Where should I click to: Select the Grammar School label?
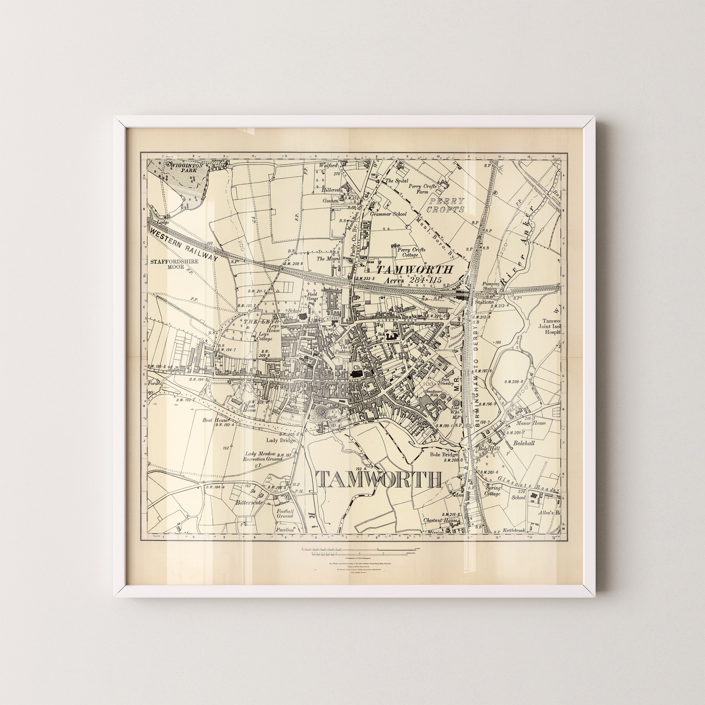[x=388, y=214]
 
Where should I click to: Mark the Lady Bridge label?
[x=280, y=440]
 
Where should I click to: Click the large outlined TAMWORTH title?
[x=378, y=479]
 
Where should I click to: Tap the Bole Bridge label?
[x=443, y=455]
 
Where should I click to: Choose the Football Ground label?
[x=285, y=514]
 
